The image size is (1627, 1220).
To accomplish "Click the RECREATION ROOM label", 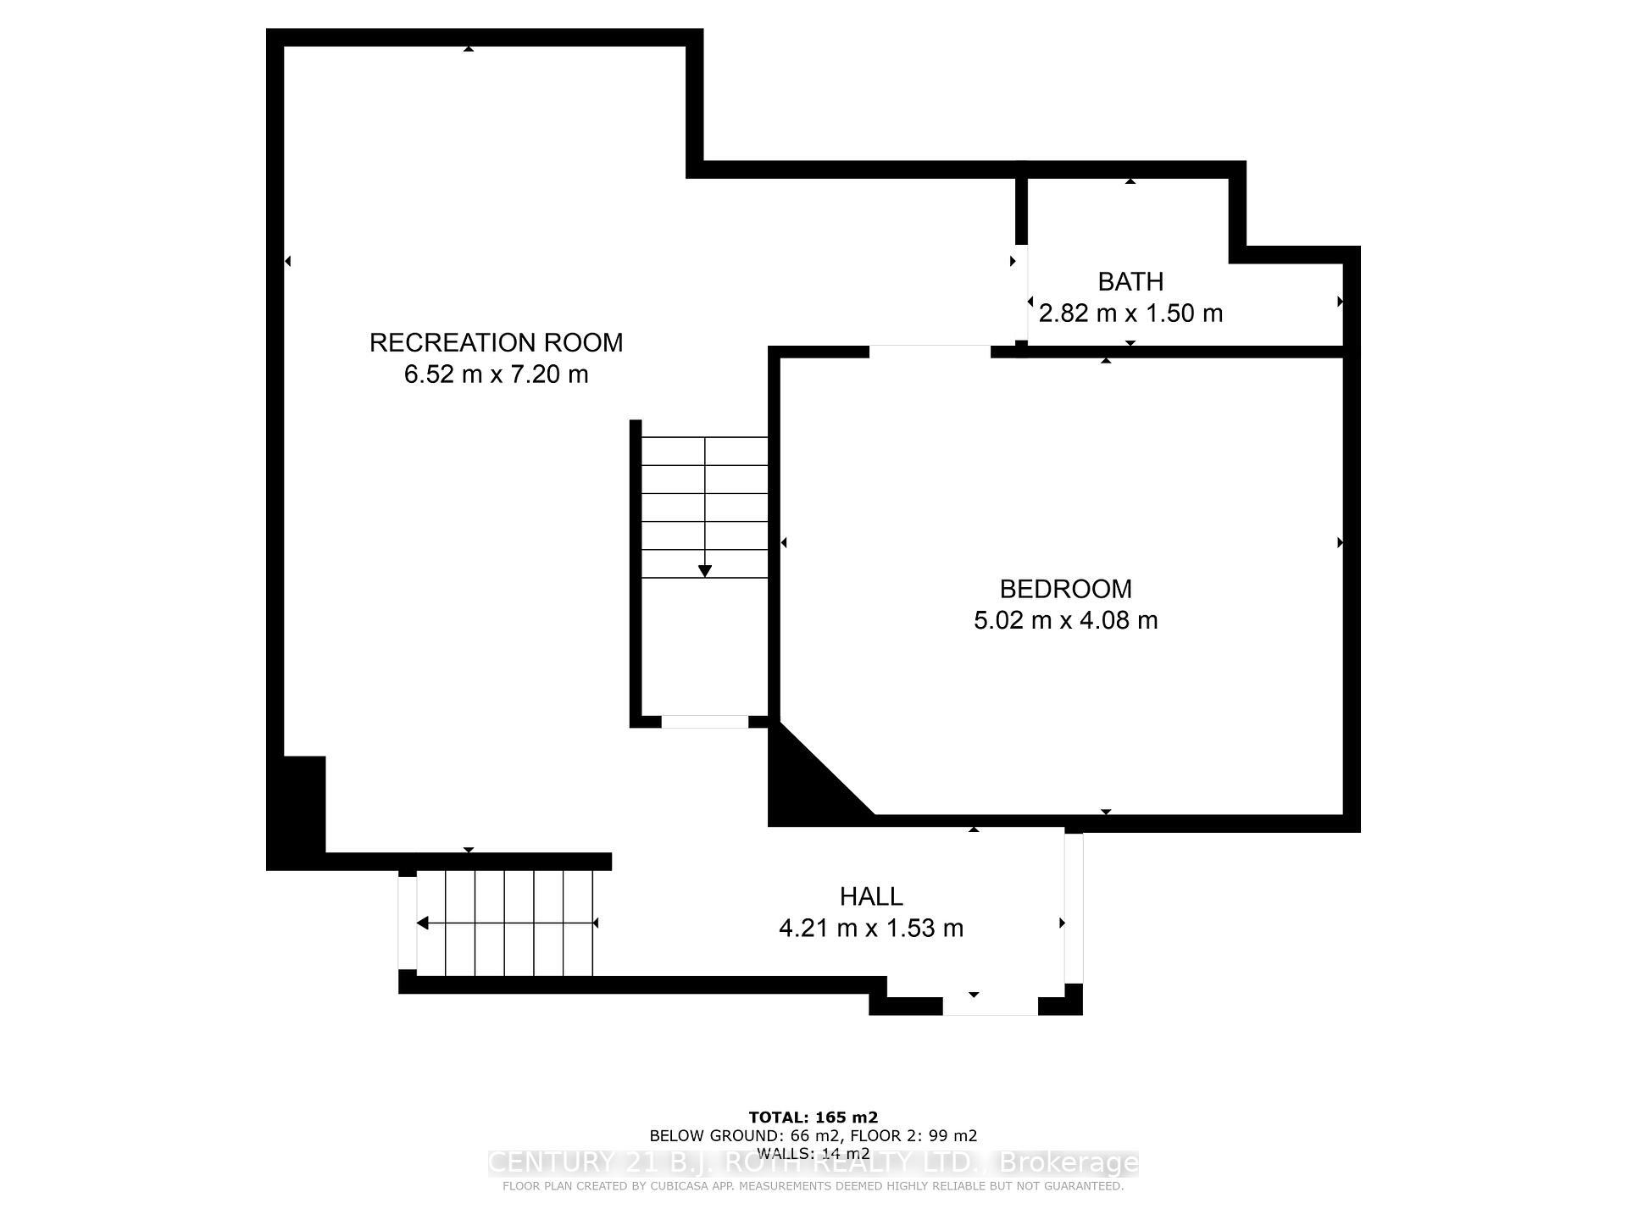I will [496, 342].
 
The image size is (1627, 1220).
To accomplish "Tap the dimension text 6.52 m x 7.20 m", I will [496, 374].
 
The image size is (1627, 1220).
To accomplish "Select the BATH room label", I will [1130, 281].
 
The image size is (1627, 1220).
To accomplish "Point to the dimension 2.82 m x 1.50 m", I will [1130, 313].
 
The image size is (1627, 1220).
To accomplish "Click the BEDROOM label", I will [1065, 589].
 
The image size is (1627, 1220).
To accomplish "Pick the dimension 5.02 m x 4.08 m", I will [1065, 620].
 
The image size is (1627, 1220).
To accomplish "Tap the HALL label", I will [871, 896].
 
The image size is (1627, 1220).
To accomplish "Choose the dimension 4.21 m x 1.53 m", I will [871, 929].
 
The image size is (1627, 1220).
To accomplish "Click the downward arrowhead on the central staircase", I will [704, 572].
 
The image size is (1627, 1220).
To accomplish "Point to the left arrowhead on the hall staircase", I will [422, 923].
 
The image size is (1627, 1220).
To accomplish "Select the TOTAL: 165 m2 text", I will [813, 1117].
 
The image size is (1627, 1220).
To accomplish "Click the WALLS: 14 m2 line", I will [813, 1153].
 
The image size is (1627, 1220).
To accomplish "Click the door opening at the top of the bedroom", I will [930, 352].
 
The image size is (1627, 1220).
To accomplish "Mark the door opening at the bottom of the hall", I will [990, 1006].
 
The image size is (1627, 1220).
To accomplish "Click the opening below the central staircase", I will [704, 722].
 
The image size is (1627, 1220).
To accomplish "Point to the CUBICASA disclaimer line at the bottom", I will [813, 1186].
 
